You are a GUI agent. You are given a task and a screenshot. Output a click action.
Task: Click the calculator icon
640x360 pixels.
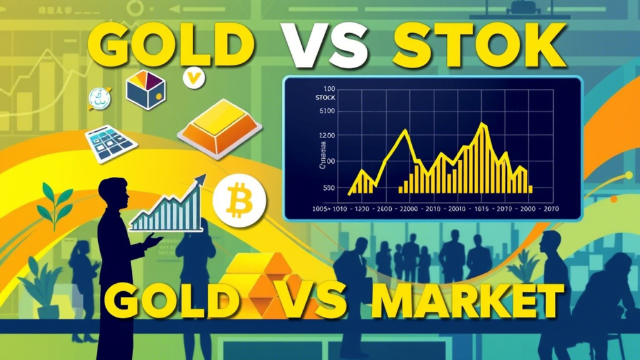click(111, 144)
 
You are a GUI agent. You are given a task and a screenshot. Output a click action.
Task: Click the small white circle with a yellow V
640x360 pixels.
click(196, 78)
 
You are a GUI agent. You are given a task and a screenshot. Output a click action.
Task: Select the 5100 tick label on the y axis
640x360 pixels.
click(327, 112)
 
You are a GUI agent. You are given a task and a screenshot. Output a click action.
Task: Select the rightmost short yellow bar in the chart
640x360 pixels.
click(530, 188)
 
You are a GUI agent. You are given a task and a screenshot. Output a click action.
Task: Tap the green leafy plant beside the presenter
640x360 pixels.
click(54, 203)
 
